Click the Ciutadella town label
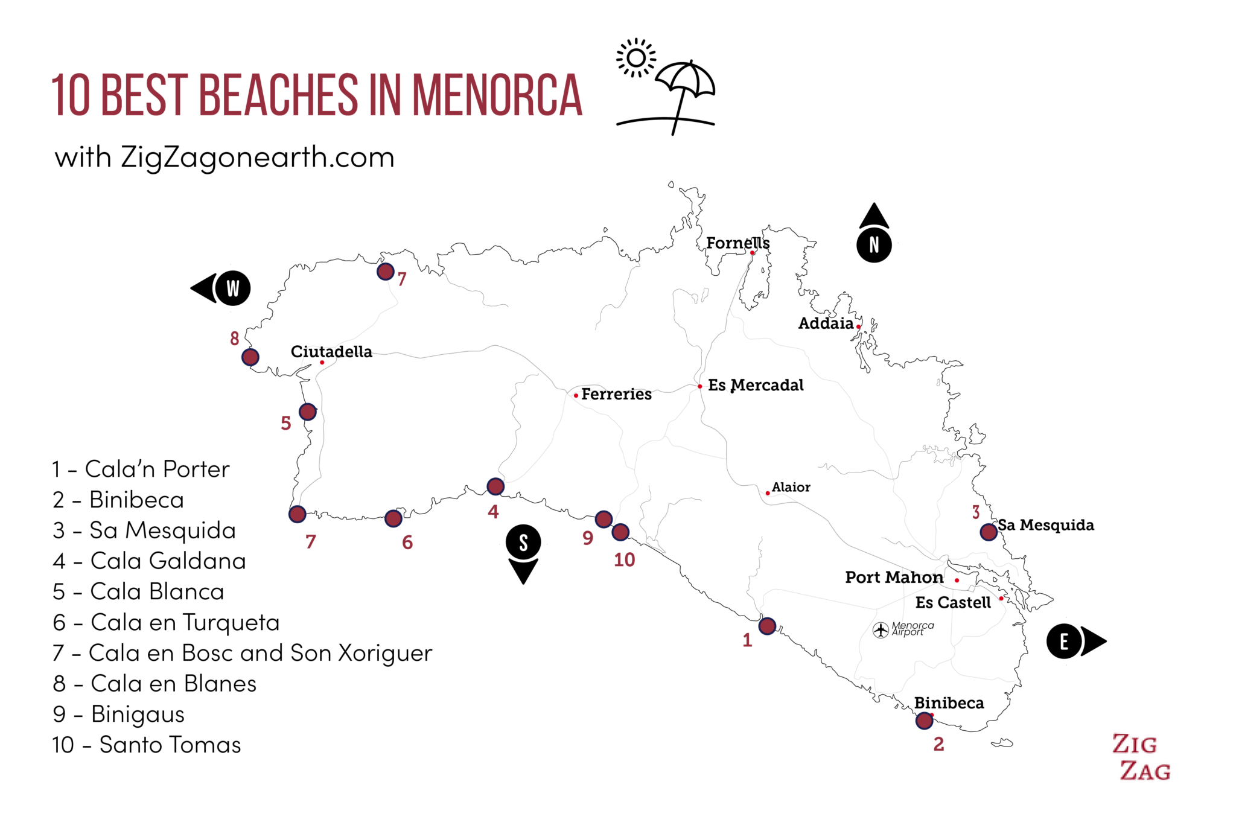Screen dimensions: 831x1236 coord(331,352)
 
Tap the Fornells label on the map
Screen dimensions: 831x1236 coord(737,243)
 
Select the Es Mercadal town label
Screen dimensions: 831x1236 coord(756,385)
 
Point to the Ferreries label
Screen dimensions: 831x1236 coord(616,394)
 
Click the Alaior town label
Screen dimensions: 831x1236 coord(791,487)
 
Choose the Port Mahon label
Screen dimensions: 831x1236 coord(894,578)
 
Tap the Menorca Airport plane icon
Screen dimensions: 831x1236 coord(881,629)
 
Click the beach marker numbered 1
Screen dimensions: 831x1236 coord(767,626)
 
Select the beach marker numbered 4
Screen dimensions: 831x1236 coord(495,486)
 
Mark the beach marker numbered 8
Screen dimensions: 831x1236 coord(250,357)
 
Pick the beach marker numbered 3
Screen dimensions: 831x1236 coord(989,532)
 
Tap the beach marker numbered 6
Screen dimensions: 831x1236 coord(393,518)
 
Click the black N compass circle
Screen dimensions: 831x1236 coord(874,245)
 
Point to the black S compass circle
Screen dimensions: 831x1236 coord(523,542)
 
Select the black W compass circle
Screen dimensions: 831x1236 coord(232,288)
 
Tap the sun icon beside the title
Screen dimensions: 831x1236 coord(636,58)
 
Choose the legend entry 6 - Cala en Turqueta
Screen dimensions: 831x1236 coord(166,622)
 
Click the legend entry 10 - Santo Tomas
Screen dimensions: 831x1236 coord(147,745)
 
